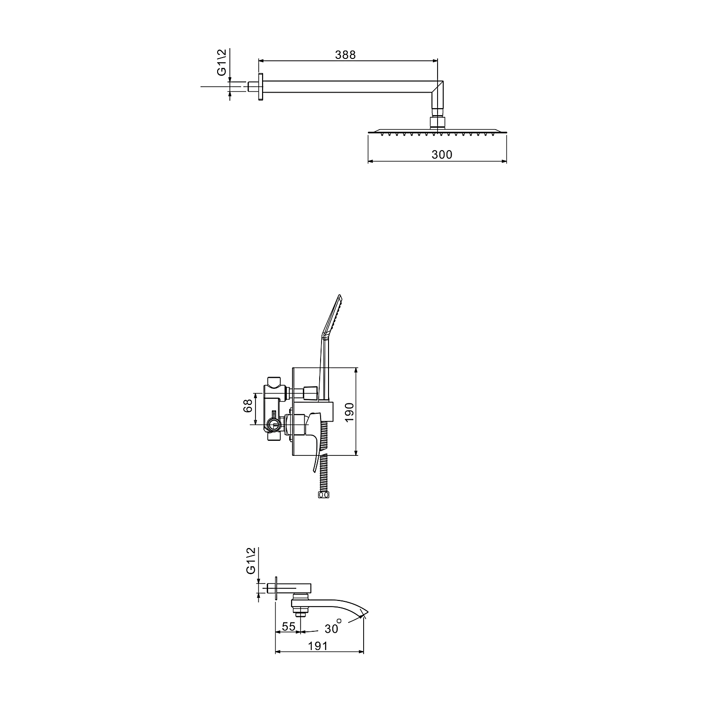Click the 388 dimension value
(345, 55)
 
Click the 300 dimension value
(442, 154)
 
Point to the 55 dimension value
(289, 627)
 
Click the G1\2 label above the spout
(250, 561)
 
